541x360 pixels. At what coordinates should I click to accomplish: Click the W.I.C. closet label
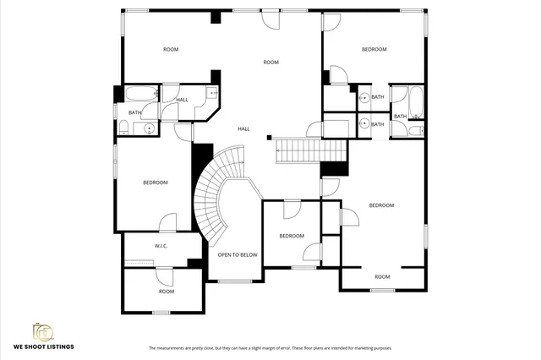(x=161, y=246)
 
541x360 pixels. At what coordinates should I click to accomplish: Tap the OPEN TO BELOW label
(x=238, y=254)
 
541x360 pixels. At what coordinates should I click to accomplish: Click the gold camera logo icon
(x=43, y=330)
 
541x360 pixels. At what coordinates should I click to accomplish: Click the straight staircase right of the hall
(x=311, y=152)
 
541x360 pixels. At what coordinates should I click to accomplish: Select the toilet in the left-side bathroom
(x=123, y=128)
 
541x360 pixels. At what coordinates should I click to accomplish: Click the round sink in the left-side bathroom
(x=149, y=128)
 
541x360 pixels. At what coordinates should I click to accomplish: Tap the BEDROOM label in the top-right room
(x=374, y=50)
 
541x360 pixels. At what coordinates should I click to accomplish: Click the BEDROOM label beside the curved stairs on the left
(x=155, y=183)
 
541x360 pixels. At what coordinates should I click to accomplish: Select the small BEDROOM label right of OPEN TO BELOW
(x=292, y=236)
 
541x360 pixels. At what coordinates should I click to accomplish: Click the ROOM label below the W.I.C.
(x=167, y=292)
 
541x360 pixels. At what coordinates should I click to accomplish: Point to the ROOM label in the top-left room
(x=171, y=50)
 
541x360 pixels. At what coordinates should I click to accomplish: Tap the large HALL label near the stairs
(x=243, y=128)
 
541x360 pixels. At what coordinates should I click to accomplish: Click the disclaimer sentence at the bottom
(x=270, y=348)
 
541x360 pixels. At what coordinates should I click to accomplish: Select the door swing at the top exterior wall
(x=270, y=21)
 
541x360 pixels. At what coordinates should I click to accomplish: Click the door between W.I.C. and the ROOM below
(x=165, y=273)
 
